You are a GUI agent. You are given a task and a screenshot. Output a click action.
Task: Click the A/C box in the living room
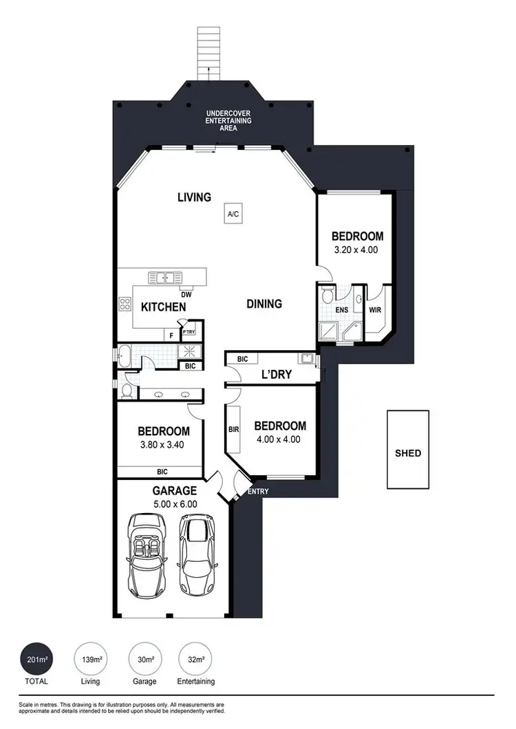[233, 215]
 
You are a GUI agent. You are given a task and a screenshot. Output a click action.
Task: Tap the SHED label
[407, 453]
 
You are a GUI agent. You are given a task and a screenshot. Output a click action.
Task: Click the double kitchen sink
[164, 278]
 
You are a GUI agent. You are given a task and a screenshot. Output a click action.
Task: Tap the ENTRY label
[257, 491]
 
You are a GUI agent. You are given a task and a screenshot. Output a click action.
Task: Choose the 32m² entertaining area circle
[195, 660]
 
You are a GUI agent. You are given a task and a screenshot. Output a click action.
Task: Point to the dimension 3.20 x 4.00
[356, 250]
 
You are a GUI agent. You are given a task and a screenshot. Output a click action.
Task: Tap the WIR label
[375, 310]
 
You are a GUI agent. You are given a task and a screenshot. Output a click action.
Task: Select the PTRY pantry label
[189, 331]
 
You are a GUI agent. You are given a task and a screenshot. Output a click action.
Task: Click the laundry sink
[306, 358]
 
